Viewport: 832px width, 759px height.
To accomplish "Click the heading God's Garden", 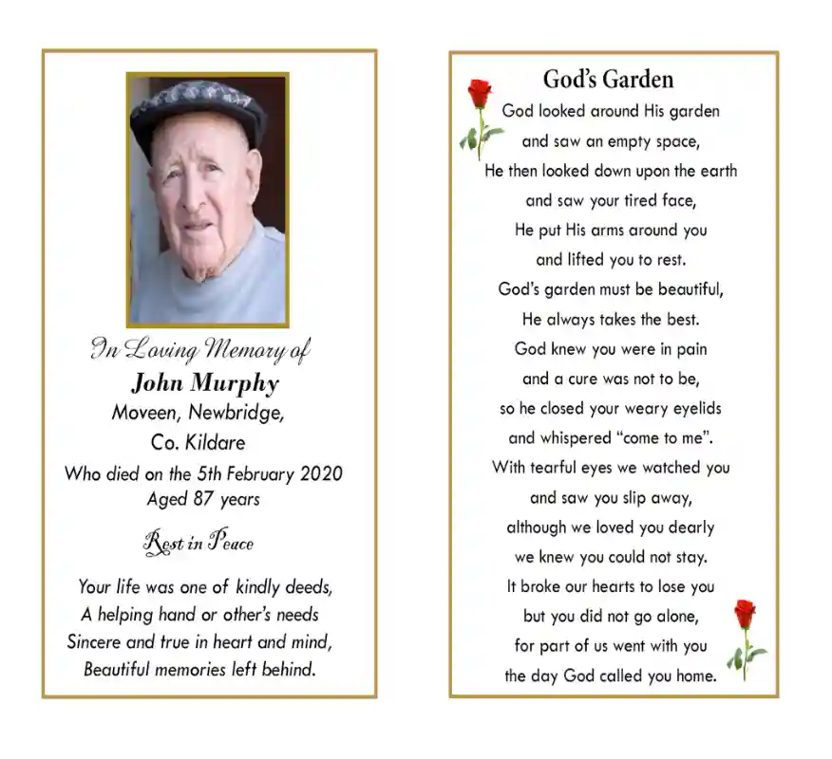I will pos(608,79).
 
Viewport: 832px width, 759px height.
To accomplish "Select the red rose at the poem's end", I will pos(745,615).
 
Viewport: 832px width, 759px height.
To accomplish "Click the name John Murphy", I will pos(204,383).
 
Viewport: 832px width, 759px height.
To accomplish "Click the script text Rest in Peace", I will pos(199,543).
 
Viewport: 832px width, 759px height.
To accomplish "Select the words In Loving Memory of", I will pos(199,349).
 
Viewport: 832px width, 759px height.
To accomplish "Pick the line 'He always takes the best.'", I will pos(610,319).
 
